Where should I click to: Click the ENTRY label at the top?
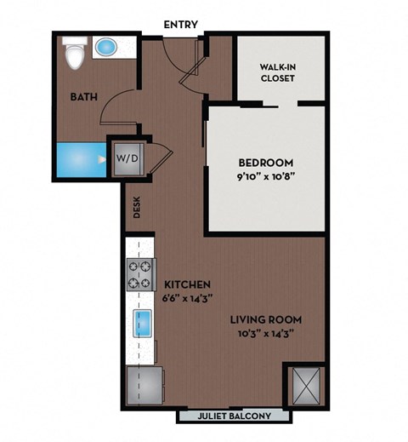[x=183, y=24]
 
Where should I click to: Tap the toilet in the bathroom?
[x=76, y=56]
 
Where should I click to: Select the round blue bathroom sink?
[x=107, y=48]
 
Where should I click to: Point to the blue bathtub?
[x=81, y=159]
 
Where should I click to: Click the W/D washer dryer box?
[x=127, y=158]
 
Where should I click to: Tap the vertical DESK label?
[x=135, y=208]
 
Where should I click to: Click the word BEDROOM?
[x=265, y=163]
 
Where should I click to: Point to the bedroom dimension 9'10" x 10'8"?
[x=265, y=178]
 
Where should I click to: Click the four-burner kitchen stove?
[x=139, y=275]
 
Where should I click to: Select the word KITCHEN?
[x=187, y=284]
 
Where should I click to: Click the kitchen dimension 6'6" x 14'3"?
[x=187, y=298]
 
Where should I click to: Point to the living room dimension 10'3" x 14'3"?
[x=266, y=334]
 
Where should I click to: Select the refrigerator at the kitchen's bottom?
[x=144, y=384]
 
